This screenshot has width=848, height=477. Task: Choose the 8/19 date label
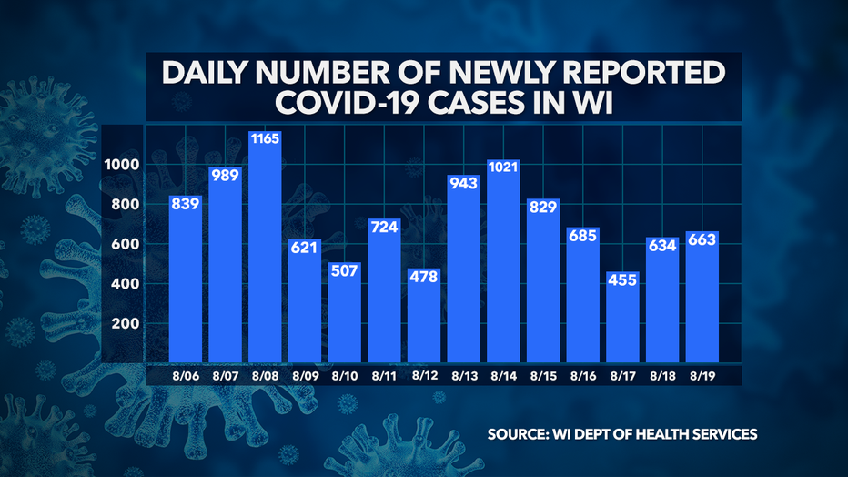[x=702, y=374]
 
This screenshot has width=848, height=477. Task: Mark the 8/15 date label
[x=543, y=374]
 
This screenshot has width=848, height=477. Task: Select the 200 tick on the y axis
[x=128, y=324]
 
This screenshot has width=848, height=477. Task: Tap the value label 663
[x=702, y=240]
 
